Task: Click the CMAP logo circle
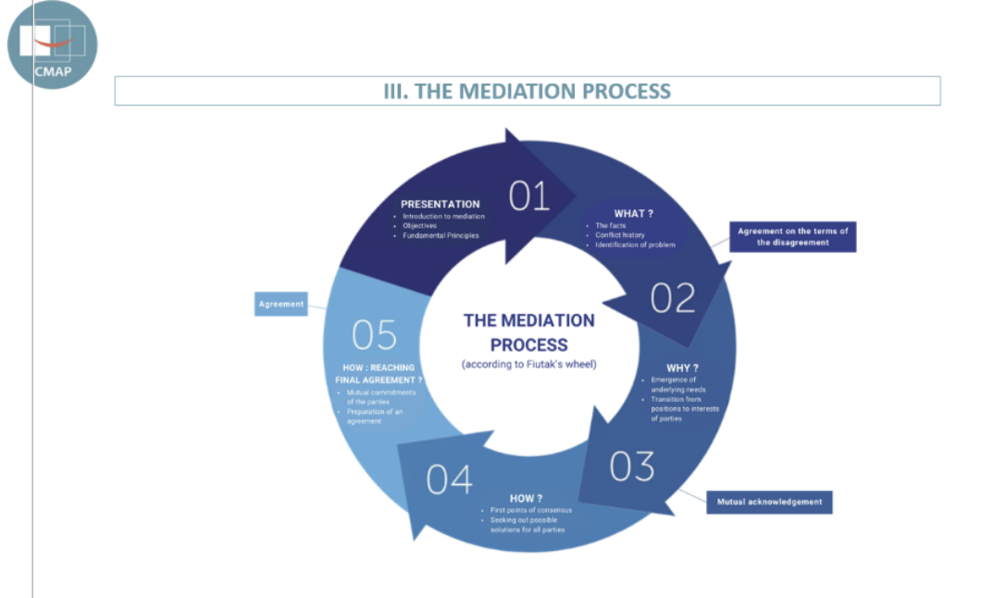[x=52, y=44]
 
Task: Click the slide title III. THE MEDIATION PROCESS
[x=527, y=91]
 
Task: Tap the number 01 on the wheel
[x=529, y=196]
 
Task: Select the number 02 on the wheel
[x=672, y=298]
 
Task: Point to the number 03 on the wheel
[x=632, y=467]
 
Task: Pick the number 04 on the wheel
[x=450, y=480]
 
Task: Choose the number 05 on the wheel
[x=374, y=335]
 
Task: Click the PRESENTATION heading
[x=440, y=204]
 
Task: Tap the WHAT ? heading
[x=634, y=214]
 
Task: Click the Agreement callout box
[x=281, y=304]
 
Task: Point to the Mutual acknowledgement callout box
[x=770, y=502]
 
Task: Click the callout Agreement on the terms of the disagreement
[x=792, y=236]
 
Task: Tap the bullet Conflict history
[x=622, y=235]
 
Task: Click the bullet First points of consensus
[x=526, y=510]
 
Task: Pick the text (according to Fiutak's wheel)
[x=528, y=364]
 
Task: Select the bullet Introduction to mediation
[x=443, y=216]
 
